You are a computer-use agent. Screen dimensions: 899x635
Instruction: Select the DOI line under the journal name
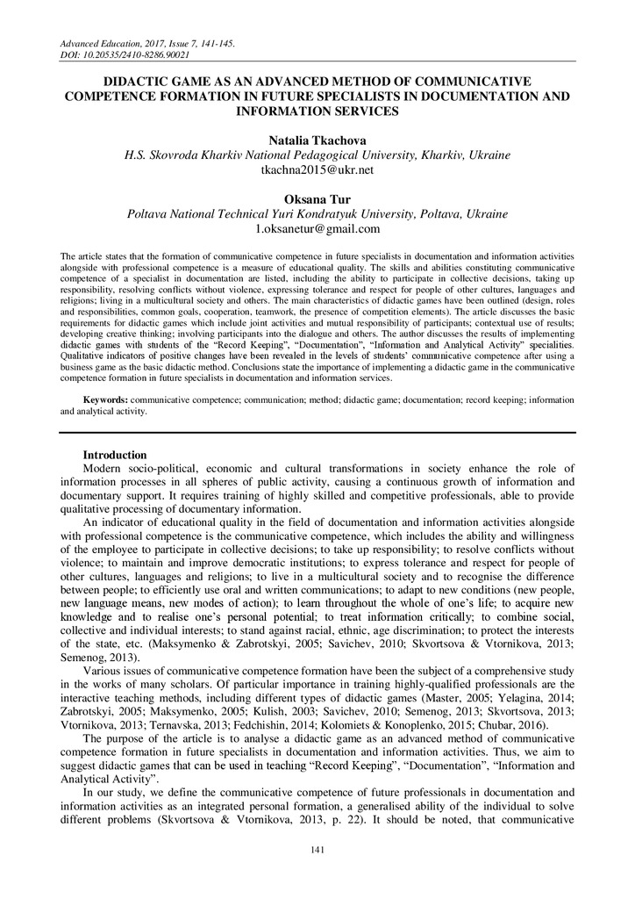tap(125, 54)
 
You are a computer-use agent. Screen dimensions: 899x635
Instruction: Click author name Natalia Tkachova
tap(317, 140)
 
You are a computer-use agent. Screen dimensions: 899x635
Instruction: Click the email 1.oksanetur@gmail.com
tap(317, 228)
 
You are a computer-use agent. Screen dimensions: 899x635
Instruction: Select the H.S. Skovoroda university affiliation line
tap(317, 155)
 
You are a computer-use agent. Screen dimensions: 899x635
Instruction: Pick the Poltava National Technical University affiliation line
tap(317, 214)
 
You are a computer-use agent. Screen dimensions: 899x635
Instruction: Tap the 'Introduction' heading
tap(115, 455)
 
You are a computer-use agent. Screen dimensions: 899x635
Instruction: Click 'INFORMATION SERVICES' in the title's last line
tap(317, 111)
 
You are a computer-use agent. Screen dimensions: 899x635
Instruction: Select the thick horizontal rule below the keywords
tap(317, 432)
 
